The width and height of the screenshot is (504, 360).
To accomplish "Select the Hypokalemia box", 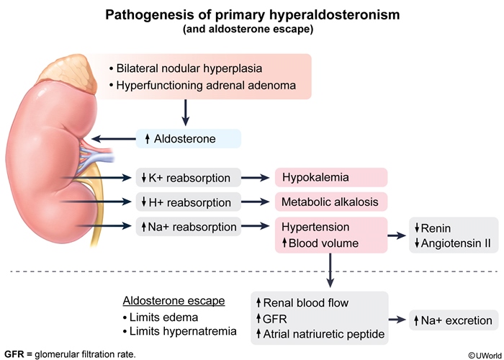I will click(x=331, y=177).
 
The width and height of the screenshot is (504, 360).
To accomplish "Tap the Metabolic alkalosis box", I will click(x=331, y=202).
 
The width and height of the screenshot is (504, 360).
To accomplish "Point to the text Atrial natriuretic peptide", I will click(x=325, y=335).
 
